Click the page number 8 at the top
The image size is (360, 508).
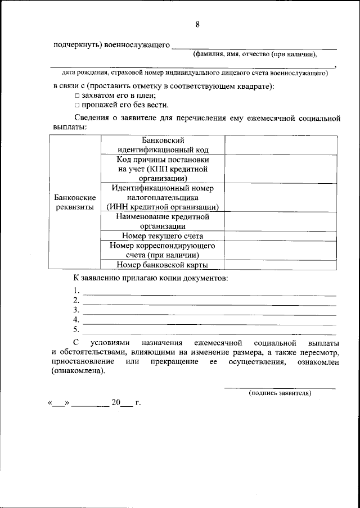coord(197,24)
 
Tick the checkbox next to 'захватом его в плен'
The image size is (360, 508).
coord(78,96)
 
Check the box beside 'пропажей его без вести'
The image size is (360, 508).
coord(78,105)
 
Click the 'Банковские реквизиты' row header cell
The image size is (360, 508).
coord(75,202)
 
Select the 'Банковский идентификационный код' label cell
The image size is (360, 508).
coord(163,145)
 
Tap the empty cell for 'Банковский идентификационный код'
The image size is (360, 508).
coord(281,145)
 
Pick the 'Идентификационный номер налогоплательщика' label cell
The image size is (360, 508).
coord(163,197)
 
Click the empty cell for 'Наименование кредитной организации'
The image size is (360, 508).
coord(281,221)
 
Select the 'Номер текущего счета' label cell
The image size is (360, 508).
coord(163,235)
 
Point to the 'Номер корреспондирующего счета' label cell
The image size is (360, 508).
coord(163,250)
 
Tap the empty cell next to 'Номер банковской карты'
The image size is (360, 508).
coord(281,265)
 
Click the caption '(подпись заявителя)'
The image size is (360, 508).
coord(280,393)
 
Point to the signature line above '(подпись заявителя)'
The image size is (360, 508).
coord(280,387)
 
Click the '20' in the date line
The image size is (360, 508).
coord(116,403)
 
